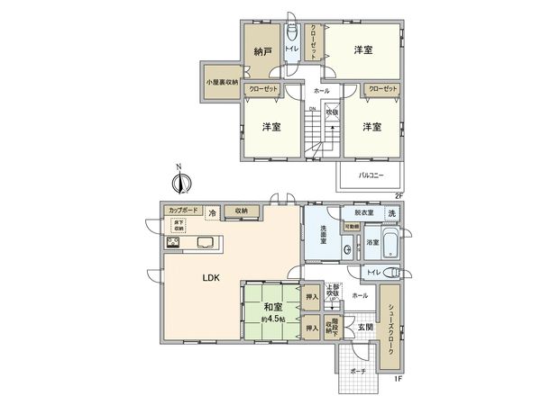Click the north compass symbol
coord(181,181)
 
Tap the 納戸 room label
coord(262,52)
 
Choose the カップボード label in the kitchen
coord(184,211)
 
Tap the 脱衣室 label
coord(364,212)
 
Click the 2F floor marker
coord(397,194)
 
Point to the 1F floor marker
coord(397,379)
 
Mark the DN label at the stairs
coord(312,110)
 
